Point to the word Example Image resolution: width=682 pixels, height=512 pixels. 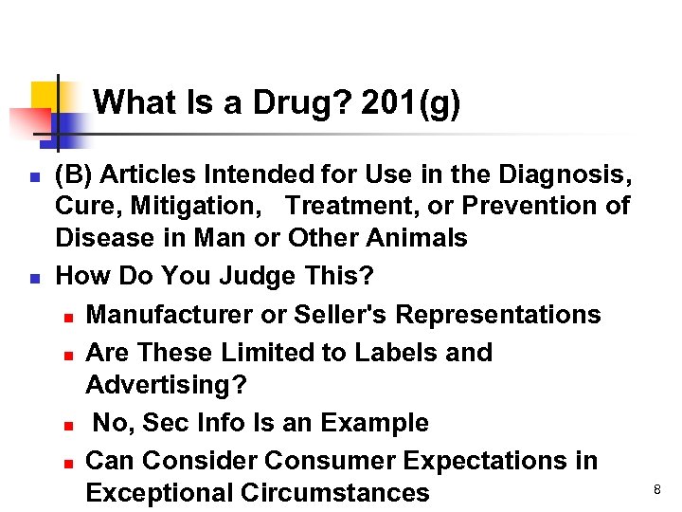376,423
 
